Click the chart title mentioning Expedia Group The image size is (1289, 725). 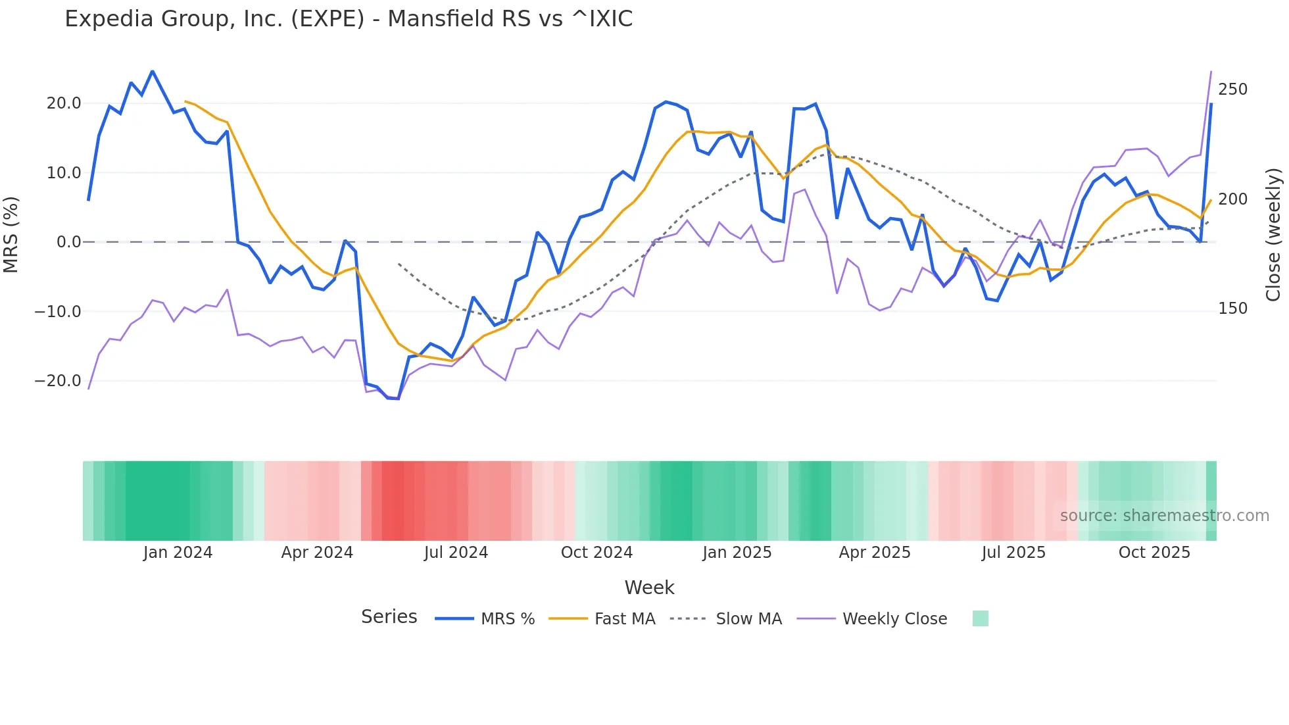(x=349, y=19)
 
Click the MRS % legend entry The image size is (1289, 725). (x=507, y=619)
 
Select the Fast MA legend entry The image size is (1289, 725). (x=624, y=619)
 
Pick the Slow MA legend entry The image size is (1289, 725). (x=748, y=619)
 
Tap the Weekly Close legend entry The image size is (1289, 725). (x=894, y=619)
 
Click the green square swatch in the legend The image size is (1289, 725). (x=980, y=618)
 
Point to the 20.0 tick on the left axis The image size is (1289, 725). (x=64, y=103)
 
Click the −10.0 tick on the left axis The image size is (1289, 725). (x=58, y=312)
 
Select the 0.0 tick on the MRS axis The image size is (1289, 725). (x=69, y=242)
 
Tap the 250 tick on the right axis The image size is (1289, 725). (x=1232, y=89)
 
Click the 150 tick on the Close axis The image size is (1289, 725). (x=1232, y=309)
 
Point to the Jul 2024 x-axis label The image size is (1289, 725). (x=456, y=553)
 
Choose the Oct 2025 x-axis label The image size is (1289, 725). (x=1154, y=553)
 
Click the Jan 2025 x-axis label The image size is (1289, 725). (x=737, y=553)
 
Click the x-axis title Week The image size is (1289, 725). (x=649, y=587)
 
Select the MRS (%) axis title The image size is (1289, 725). (x=11, y=234)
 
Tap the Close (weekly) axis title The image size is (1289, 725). (x=1273, y=235)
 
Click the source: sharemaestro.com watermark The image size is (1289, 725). (x=1164, y=516)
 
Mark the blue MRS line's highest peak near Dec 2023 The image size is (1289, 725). (x=153, y=71)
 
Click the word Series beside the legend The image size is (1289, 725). (x=389, y=617)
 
